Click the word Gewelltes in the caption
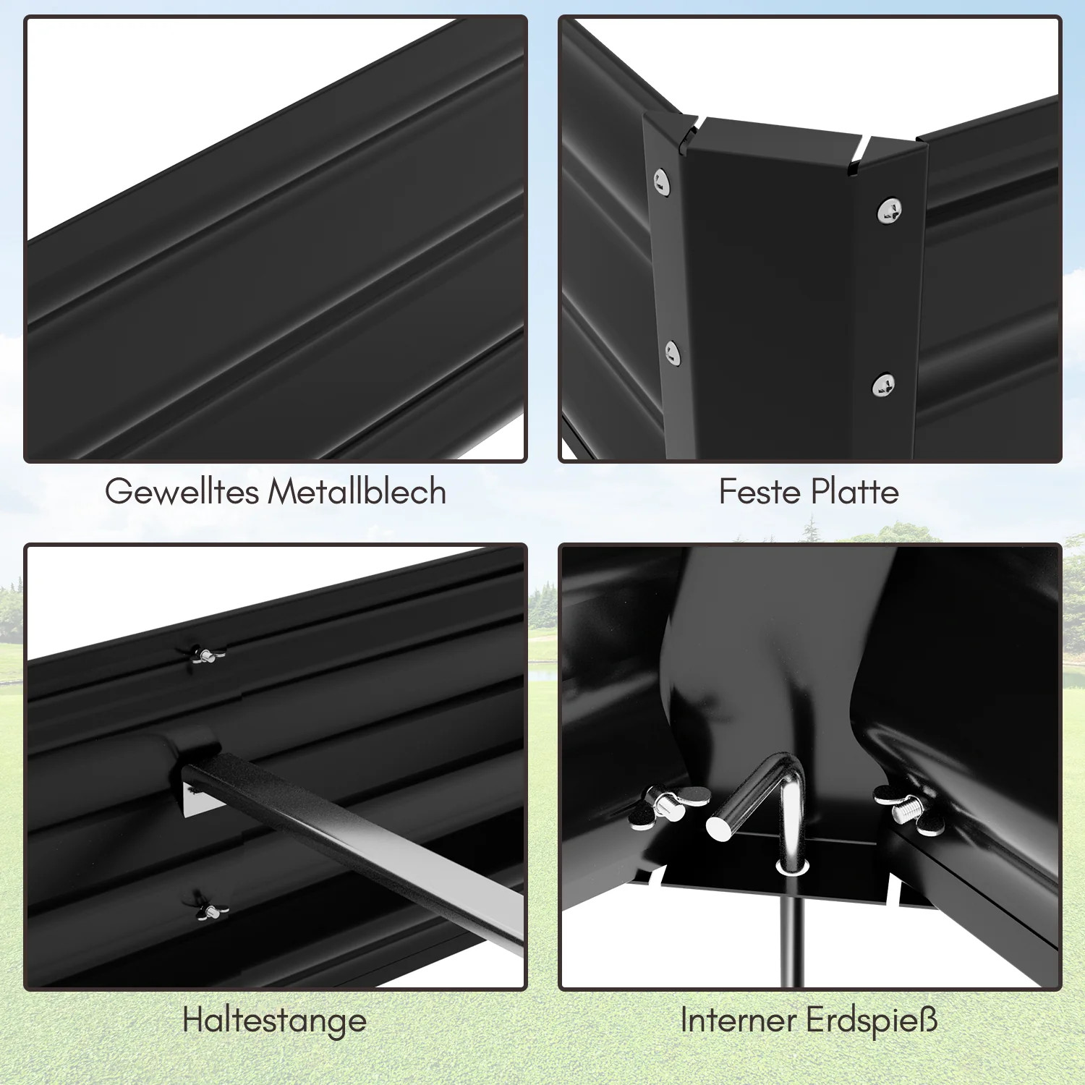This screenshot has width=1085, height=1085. pos(182,493)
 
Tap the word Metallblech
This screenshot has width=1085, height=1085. pos(357,491)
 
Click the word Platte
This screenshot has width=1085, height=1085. pos(854,492)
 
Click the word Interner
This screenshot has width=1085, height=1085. pos(739,1020)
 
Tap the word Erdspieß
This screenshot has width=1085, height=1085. pos(872,1021)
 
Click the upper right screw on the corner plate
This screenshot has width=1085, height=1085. pos(889,211)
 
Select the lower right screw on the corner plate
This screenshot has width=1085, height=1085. pos(883,385)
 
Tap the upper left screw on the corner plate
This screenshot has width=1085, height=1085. pos(661,180)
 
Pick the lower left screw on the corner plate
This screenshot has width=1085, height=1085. pos(673,353)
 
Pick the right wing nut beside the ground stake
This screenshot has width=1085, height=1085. pos(909,809)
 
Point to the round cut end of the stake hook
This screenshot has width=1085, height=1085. pos(720,828)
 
